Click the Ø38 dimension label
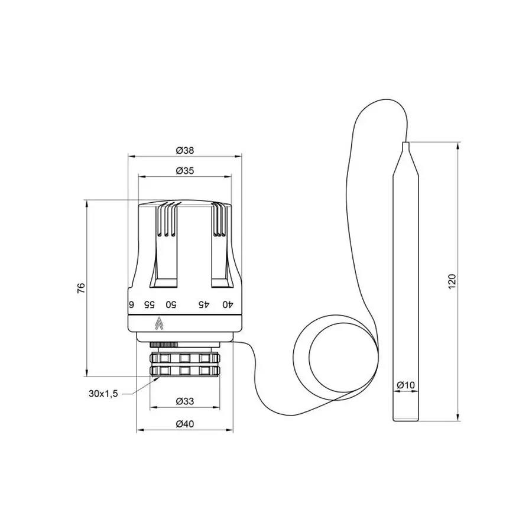pyautogui.click(x=185, y=150)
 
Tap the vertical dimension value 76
pyautogui.click(x=82, y=288)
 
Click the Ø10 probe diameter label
pyautogui.click(x=406, y=385)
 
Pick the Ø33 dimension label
pyautogui.click(x=185, y=401)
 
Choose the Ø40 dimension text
pyautogui.click(x=185, y=423)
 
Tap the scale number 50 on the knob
pyautogui.click(x=170, y=304)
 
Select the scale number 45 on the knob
pyautogui.click(x=203, y=304)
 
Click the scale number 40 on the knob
pyautogui.click(x=226, y=304)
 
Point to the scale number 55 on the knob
pyautogui.click(x=150, y=304)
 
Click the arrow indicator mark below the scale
pyautogui.click(x=158, y=323)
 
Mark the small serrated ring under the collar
pyautogui.click(x=163, y=344)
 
